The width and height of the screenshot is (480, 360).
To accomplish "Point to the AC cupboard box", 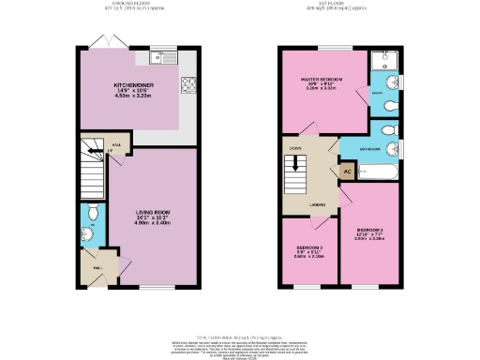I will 346,171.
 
